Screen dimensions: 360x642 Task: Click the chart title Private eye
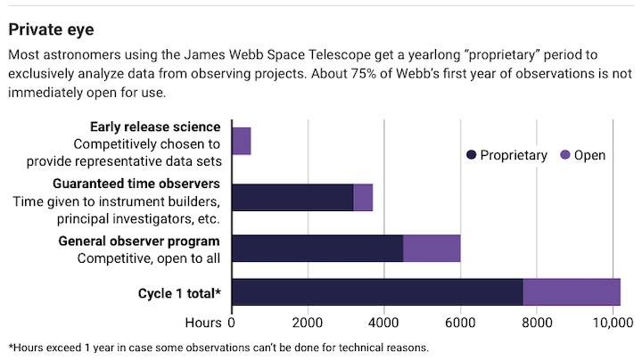point(52,29)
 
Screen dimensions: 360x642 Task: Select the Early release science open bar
point(241,141)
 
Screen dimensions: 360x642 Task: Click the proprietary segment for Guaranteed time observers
point(292,197)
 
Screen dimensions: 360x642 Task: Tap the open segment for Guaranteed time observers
point(363,197)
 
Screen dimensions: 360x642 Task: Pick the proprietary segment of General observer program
point(317,249)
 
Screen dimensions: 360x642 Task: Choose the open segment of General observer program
point(432,249)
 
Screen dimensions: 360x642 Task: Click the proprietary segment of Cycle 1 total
point(376,291)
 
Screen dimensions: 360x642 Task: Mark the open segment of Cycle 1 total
point(572,291)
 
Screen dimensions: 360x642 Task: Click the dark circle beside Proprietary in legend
point(471,155)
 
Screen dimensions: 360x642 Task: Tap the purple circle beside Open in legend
point(564,155)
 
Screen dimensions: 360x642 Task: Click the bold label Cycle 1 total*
point(178,292)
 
